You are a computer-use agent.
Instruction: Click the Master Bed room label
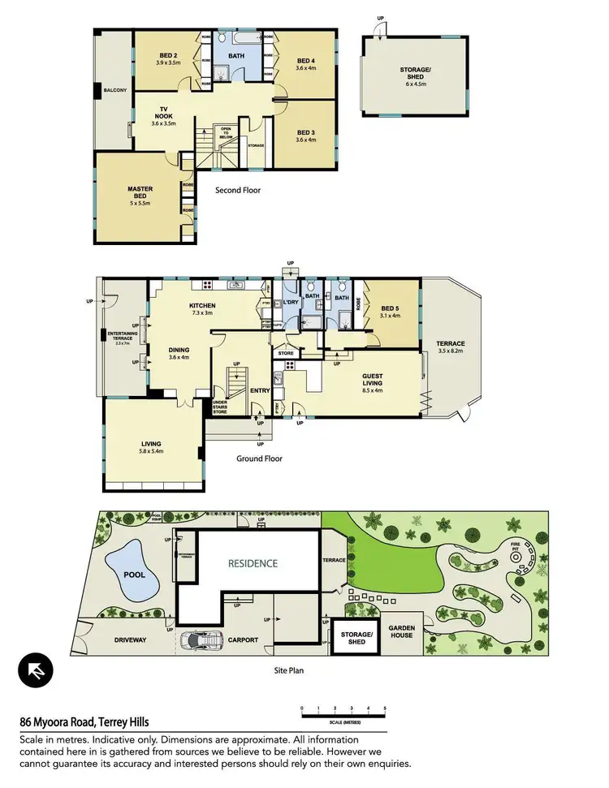click(x=140, y=193)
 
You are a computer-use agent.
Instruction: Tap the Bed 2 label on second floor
click(x=166, y=58)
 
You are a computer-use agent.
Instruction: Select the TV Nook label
click(x=163, y=118)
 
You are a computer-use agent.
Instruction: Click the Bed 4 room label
click(x=305, y=64)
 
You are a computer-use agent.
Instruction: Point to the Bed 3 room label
click(x=305, y=136)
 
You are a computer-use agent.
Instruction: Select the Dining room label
click(x=179, y=353)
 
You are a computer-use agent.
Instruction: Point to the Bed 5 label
click(x=391, y=311)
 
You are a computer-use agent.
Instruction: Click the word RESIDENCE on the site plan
click(x=252, y=563)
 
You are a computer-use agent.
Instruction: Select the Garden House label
click(x=400, y=631)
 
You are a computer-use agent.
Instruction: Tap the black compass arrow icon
click(x=36, y=670)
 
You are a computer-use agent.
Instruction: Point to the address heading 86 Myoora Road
click(x=84, y=721)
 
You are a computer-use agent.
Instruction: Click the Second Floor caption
click(x=237, y=192)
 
